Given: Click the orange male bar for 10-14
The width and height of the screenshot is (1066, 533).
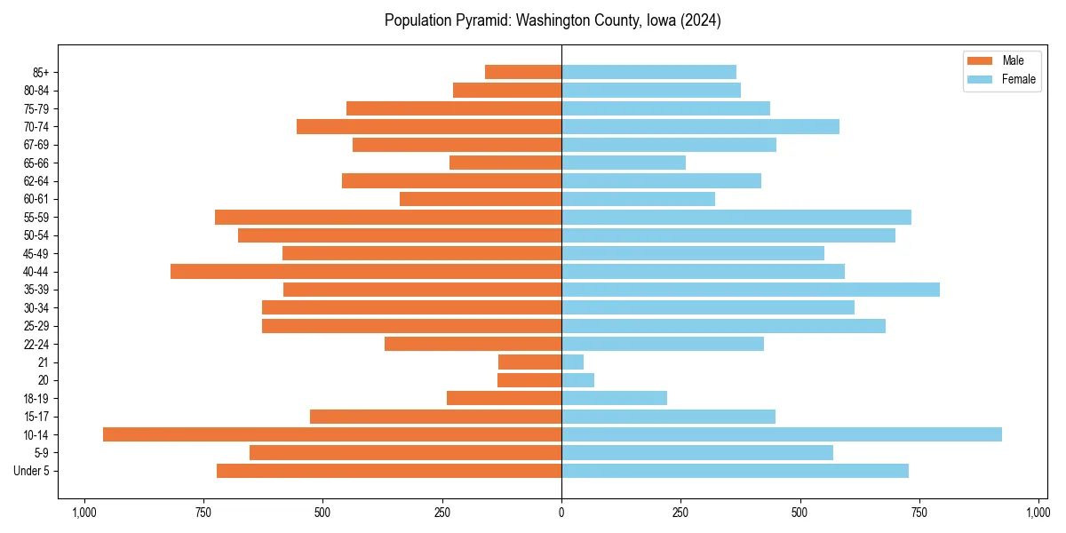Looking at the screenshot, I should [332, 434].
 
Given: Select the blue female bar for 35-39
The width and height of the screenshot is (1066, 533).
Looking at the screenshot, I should [751, 290].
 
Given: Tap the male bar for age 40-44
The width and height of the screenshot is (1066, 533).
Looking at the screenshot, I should [366, 271].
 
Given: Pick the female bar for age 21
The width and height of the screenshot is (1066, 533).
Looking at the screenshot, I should [573, 362].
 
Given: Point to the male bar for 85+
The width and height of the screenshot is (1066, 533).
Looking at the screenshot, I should [523, 72].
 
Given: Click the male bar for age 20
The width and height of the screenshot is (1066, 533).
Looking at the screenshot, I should [529, 380].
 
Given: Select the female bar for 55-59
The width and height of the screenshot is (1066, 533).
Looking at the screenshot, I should [736, 217].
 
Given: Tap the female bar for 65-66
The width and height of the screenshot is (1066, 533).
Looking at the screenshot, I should [624, 163].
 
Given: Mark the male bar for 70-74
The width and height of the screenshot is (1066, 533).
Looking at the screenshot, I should [429, 126].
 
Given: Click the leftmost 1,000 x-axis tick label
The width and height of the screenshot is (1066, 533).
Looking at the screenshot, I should [84, 513].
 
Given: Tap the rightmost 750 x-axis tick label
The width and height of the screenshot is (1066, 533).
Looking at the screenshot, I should [919, 513].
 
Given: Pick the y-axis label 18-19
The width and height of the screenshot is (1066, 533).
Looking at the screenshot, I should [37, 399].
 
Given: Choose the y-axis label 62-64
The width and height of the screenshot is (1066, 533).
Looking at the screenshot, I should [37, 181].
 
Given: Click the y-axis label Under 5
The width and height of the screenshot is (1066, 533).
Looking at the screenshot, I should [32, 471].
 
